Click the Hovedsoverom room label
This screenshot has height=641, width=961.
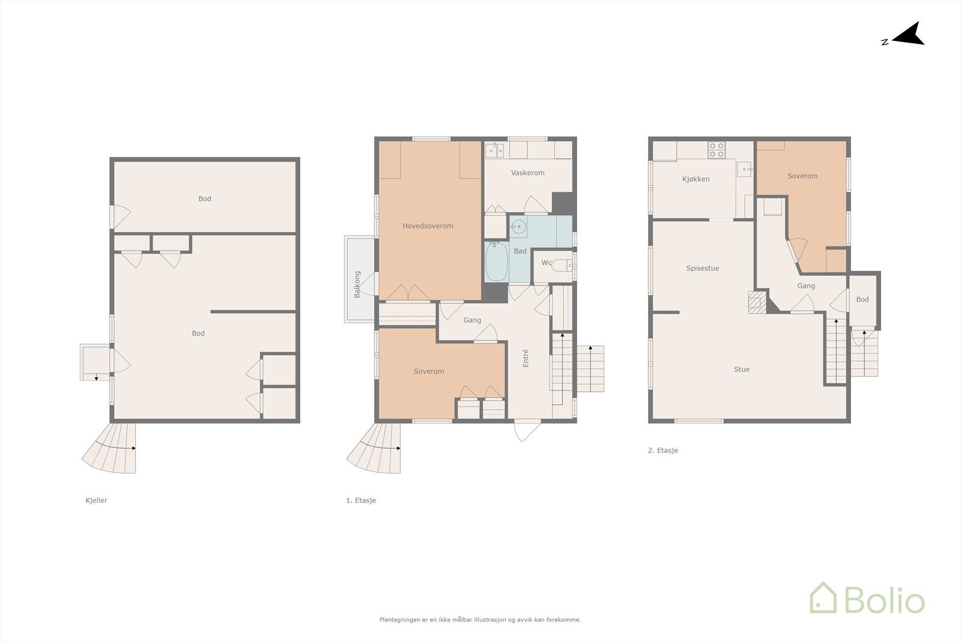(428, 226)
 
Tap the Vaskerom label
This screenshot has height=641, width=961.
(527, 173)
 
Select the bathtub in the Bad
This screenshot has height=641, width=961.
(496, 262)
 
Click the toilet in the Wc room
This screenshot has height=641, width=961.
(561, 265)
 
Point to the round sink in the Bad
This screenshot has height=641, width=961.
(518, 227)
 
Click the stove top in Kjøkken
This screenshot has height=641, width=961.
(716, 150)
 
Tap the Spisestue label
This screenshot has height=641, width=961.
(702, 269)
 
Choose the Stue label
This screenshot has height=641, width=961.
(741, 369)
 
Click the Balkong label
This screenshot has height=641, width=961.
(357, 284)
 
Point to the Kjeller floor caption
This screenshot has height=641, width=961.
(96, 500)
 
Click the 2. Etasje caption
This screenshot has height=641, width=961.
(662, 451)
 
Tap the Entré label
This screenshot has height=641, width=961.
(526, 358)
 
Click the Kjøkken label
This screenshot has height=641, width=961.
(696, 179)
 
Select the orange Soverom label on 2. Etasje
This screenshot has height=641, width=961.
(802, 176)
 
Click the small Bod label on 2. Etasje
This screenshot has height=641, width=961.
(862, 300)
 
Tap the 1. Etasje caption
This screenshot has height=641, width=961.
(360, 500)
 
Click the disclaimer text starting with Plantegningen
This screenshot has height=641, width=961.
(480, 620)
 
